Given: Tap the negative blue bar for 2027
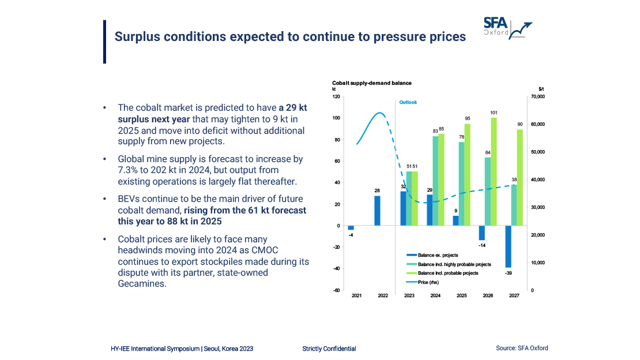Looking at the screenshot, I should pos(509,246).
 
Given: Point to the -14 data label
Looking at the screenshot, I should pos(482,245).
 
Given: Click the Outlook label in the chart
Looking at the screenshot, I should pos(408,102).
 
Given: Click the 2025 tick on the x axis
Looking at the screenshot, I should pos(461,296).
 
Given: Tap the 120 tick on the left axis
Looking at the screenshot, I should pos(336,97).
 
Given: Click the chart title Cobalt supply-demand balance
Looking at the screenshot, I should pos(371,83).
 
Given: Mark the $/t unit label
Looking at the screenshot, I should pos(541,89).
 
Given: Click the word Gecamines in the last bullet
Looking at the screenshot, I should pos(142,283).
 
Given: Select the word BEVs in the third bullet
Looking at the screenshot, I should pos(129,199).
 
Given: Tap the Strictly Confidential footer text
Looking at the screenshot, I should pos(329,348).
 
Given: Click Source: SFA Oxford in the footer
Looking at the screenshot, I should pos(522,348).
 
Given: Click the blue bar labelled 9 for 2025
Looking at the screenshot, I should pos(455,220).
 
